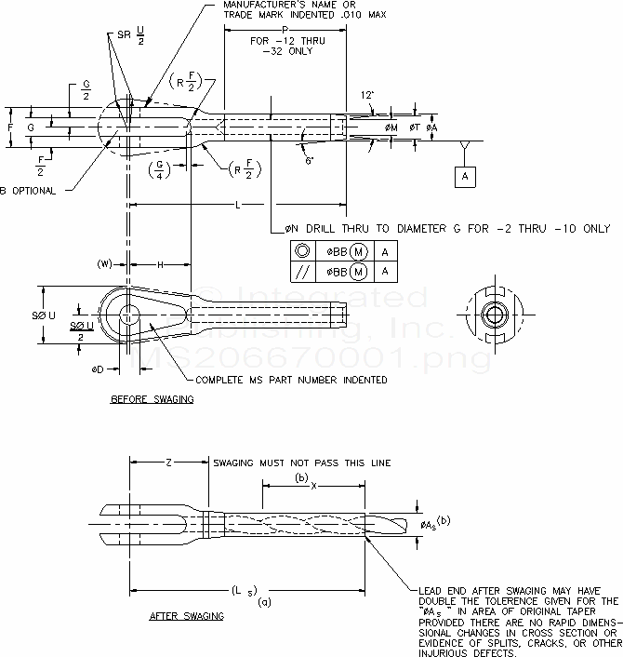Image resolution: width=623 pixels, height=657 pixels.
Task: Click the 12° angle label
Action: pos(367,95)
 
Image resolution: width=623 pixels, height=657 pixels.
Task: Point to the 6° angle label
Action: pos(311,159)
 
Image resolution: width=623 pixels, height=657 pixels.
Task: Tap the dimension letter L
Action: pos(239,204)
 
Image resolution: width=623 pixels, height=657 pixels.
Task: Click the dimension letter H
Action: pos(162,264)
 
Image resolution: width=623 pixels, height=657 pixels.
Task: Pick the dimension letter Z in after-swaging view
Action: pos(166,462)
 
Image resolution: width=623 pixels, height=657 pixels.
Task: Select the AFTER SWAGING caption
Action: pos(187,616)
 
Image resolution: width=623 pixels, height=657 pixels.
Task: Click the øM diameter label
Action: pos(391,127)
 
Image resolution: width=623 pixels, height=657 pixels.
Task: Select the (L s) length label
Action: pos(245,592)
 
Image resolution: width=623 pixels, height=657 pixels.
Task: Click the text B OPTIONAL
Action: pos(29,191)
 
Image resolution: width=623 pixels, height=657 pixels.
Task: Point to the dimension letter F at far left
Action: pos(9,125)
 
